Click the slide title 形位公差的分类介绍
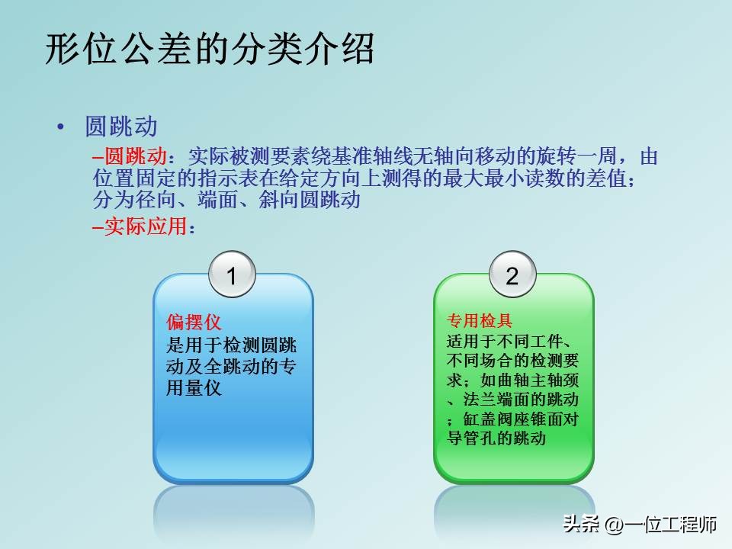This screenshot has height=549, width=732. point(210,50)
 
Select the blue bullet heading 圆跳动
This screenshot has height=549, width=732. point(121,127)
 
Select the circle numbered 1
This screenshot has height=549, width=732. point(232,276)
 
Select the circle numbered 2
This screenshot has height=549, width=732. point(512,276)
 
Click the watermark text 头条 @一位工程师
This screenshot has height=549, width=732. point(640,525)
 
